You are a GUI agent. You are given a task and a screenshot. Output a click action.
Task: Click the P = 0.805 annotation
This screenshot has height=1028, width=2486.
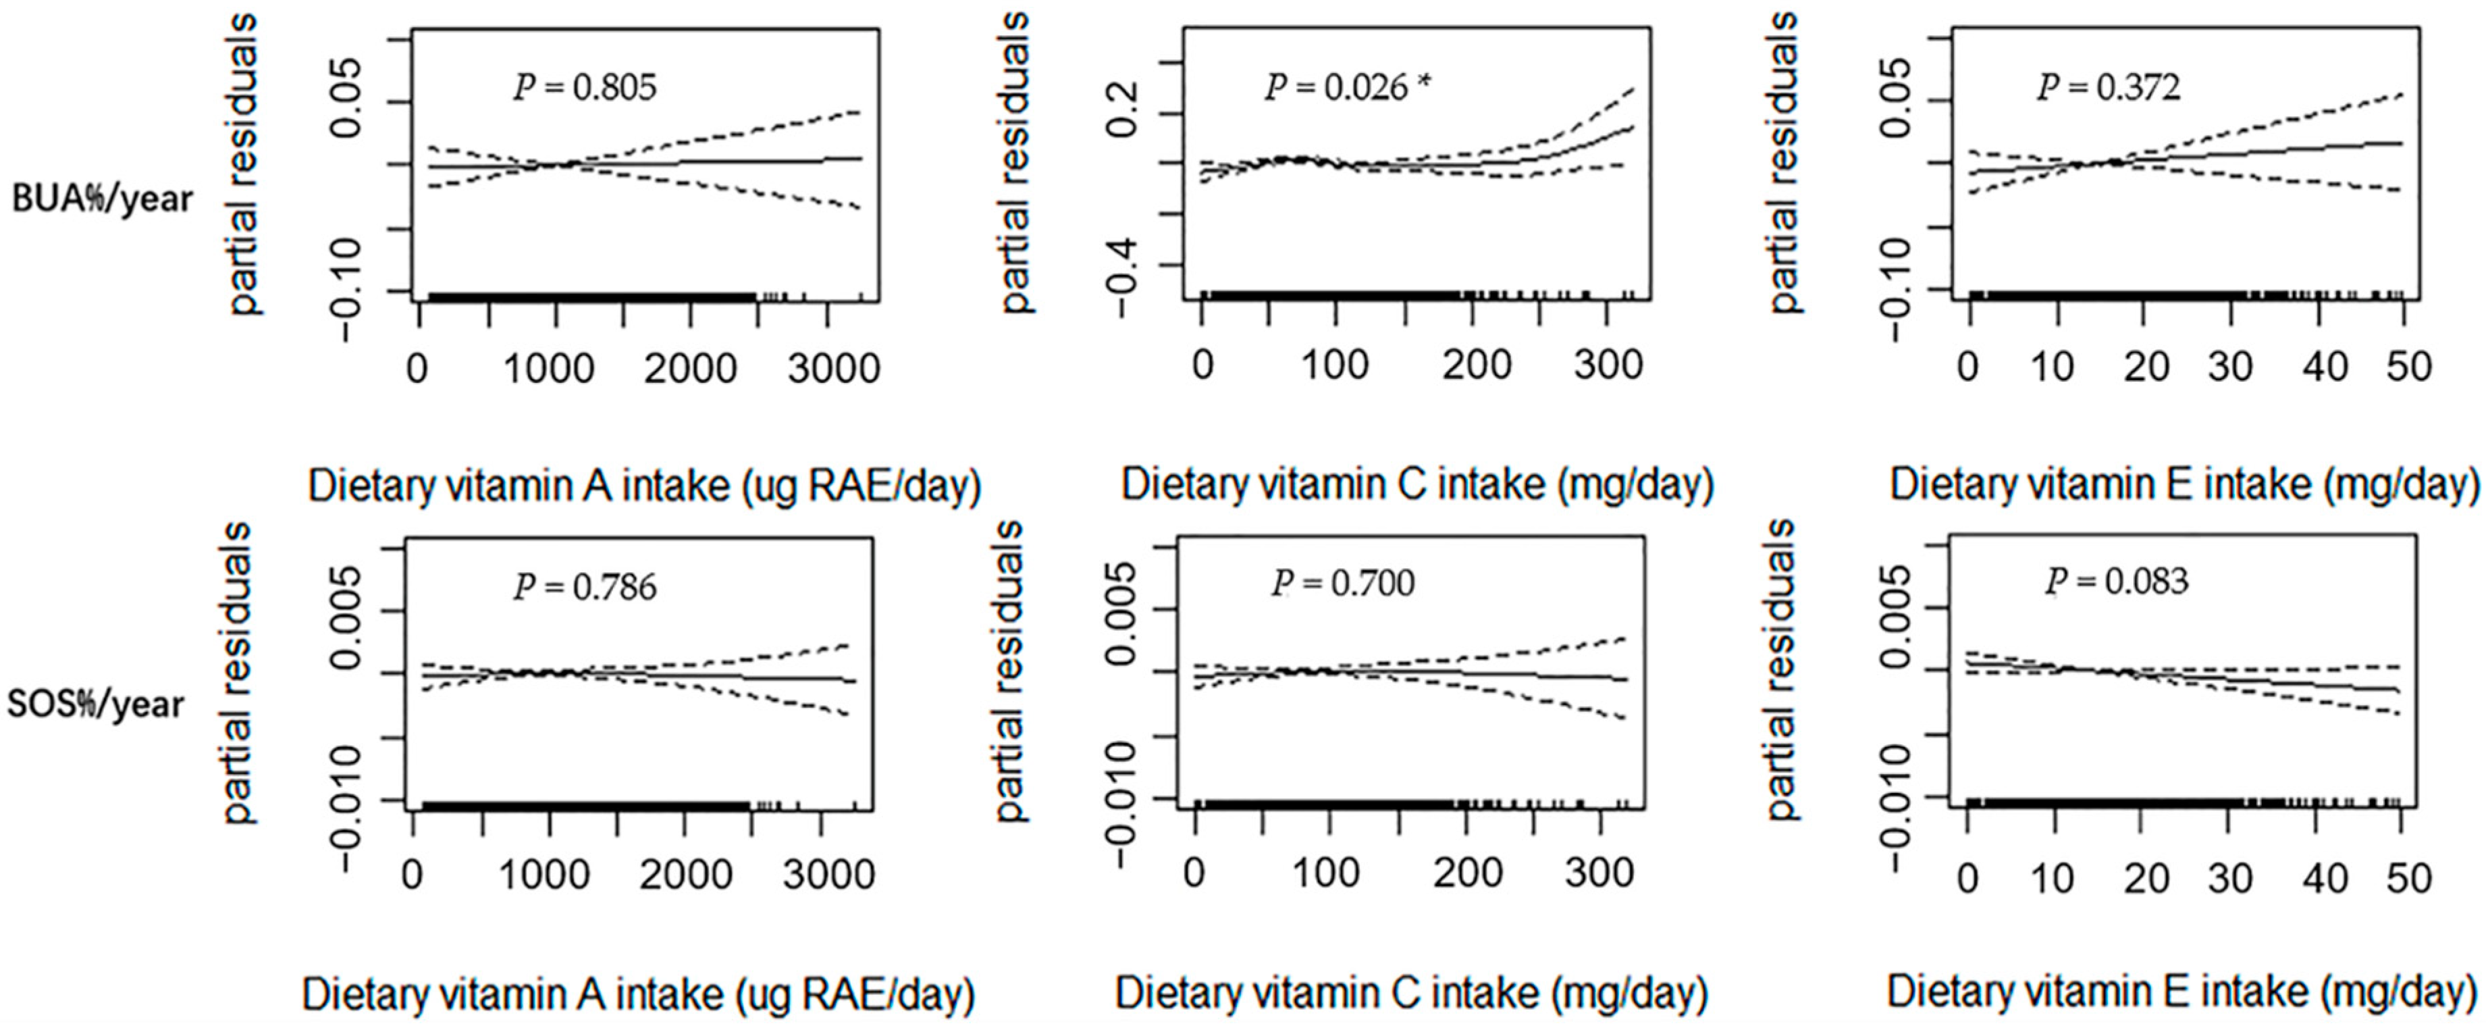(585, 88)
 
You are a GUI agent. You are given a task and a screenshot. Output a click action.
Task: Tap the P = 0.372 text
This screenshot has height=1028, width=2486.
(2109, 88)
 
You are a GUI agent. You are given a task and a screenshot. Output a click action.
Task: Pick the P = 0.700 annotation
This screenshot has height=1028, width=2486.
(1342, 583)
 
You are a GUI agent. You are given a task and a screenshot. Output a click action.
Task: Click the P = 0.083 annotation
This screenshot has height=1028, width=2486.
(2117, 581)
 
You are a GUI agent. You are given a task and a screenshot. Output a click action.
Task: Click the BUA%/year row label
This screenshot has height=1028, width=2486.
(103, 199)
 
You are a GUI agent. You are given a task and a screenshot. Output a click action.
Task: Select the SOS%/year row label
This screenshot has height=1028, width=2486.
(96, 704)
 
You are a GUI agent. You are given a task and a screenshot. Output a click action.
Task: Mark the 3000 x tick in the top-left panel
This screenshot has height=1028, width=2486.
(833, 369)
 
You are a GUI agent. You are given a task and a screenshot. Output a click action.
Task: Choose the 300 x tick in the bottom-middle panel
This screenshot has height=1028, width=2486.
(1599, 873)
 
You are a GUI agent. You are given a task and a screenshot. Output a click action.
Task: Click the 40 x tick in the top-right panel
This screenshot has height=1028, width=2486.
(2324, 367)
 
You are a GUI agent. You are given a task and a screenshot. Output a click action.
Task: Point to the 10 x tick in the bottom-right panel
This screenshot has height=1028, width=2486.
(2052, 878)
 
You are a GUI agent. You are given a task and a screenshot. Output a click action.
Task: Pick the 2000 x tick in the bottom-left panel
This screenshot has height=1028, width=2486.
(685, 875)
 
